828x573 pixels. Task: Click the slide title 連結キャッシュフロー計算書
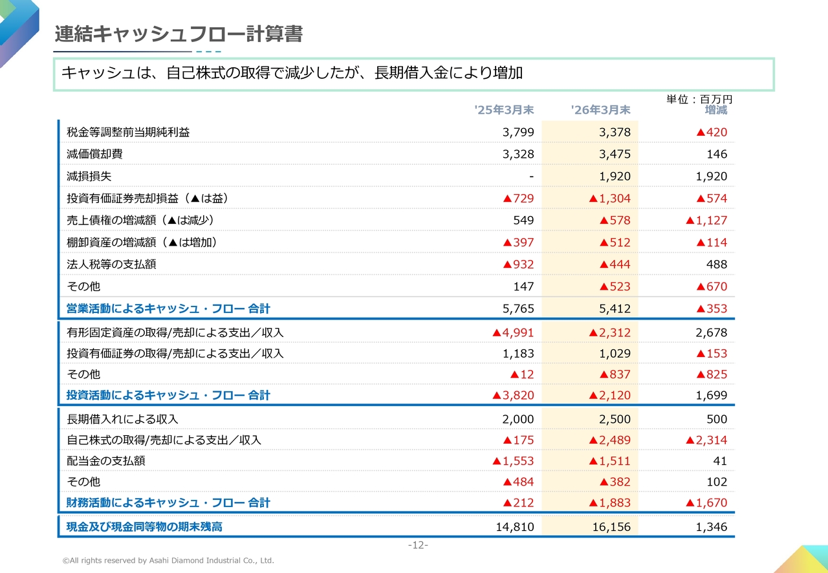tap(179, 34)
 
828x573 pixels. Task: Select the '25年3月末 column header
tap(504, 110)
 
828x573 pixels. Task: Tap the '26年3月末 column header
tap(601, 110)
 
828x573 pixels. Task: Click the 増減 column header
tap(716, 110)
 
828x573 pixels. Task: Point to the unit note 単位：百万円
tap(699, 99)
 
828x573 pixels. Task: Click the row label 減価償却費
tap(94, 154)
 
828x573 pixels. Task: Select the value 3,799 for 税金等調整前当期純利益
tap(518, 132)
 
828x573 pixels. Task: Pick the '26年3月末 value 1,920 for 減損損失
tap(615, 176)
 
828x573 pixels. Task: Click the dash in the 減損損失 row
tap(532, 177)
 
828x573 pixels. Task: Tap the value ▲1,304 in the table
tap(609, 198)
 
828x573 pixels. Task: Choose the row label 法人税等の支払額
tap(111, 264)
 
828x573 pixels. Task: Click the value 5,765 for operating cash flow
tap(518, 308)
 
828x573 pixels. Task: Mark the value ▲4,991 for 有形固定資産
tap(513, 332)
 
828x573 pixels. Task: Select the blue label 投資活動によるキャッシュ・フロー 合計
tap(168, 395)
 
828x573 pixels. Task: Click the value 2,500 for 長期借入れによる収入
tap(615, 419)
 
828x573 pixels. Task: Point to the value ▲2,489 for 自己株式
tap(609, 440)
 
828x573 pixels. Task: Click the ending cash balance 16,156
tap(611, 526)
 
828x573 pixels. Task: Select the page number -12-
tap(418, 545)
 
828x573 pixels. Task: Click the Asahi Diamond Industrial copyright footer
tap(168, 561)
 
